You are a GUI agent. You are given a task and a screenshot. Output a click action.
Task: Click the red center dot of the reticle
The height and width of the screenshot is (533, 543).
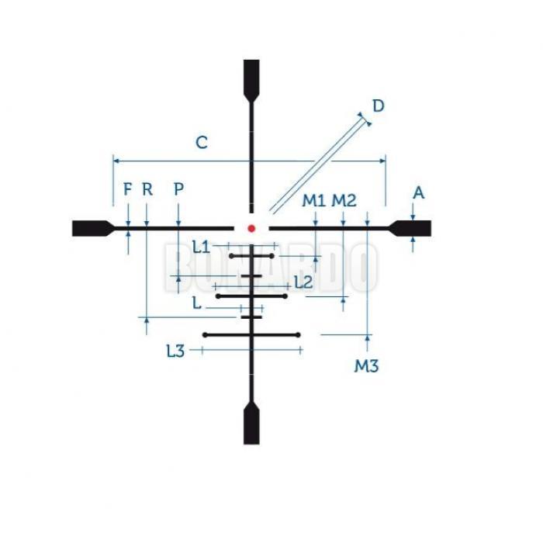pyautogui.click(x=251, y=228)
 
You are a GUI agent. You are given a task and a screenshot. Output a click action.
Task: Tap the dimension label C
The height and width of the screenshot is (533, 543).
pyautogui.click(x=202, y=143)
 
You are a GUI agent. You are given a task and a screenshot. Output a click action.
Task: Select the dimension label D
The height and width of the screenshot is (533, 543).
pyautogui.click(x=378, y=106)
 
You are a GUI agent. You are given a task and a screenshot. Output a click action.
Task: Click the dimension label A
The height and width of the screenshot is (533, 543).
pyautogui.click(x=418, y=192)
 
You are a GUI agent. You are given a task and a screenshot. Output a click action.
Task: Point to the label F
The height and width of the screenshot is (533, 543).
pyautogui.click(x=128, y=189)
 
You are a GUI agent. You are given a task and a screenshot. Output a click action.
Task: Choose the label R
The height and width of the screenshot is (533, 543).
pyautogui.click(x=147, y=189)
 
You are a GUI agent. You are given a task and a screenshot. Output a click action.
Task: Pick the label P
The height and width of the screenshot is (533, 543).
pyautogui.click(x=179, y=189)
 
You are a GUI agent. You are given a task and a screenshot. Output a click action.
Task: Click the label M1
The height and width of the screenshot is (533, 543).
pyautogui.click(x=313, y=201)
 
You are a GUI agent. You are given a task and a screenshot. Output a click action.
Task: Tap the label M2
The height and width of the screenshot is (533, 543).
pyautogui.click(x=344, y=201)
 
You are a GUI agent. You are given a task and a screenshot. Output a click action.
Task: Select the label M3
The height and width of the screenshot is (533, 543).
pyautogui.click(x=366, y=365)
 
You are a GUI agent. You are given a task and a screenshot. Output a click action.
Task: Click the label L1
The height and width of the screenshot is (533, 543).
pyautogui.click(x=201, y=247)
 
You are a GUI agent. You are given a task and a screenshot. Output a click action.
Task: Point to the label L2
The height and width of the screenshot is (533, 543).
pyautogui.click(x=303, y=282)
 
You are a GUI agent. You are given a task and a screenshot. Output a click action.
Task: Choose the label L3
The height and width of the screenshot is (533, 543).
pyautogui.click(x=175, y=351)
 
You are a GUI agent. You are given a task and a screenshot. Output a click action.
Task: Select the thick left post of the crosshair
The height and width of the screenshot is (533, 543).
pyautogui.click(x=92, y=227)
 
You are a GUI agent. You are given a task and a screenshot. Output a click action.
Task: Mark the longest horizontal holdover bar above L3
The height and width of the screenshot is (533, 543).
pyautogui.click(x=251, y=334)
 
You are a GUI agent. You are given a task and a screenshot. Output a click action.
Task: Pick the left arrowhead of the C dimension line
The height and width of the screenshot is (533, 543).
pyautogui.click(x=116, y=161)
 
